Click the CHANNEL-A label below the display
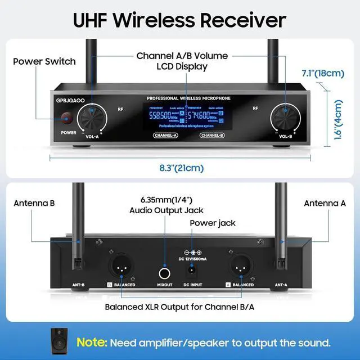[165, 135]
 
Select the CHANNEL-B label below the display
[212, 135]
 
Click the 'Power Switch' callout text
[44, 61]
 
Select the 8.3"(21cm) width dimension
[182, 168]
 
